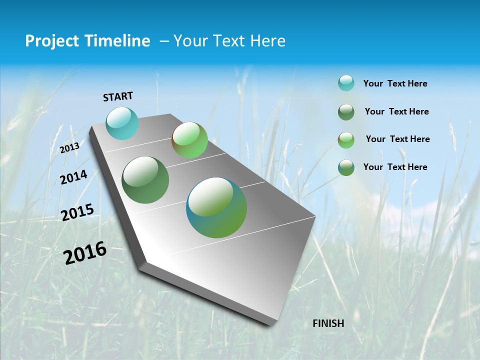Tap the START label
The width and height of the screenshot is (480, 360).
pos(118,96)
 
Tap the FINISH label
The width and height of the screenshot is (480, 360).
pos(328,323)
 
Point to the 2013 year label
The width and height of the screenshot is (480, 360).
pos(69,147)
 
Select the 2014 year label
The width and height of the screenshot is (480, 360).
pos(73,177)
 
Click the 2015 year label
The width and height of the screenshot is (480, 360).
pos(77,212)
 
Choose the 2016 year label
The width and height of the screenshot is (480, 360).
pos(85,253)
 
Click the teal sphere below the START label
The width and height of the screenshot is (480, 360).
pos(122,123)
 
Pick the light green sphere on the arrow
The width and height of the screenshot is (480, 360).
pos(189,140)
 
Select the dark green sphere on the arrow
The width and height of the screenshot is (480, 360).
pos(145,180)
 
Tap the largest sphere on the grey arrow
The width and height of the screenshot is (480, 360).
pos(216,207)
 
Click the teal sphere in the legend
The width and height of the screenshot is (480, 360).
pos(346,83)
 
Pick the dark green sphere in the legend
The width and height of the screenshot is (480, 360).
pos(346,112)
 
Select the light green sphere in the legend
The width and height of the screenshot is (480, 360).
pos(346,140)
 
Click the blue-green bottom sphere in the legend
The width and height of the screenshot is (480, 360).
pos(346,167)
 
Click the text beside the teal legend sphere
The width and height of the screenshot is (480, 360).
pos(395,83)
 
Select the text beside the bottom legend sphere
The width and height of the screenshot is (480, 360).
pos(395,167)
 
